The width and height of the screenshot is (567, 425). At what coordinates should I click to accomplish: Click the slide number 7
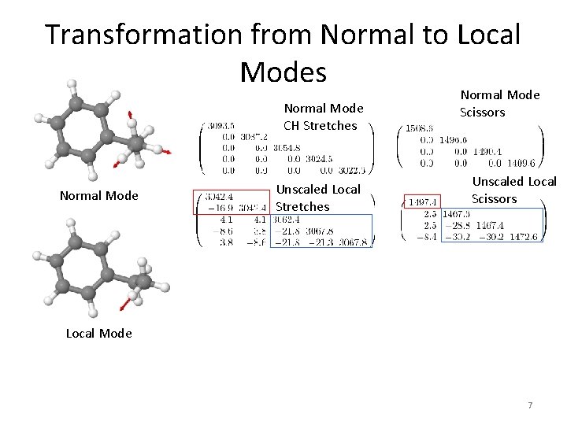click(530, 405)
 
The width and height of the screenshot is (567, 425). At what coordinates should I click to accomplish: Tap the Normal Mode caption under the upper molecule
click(98, 195)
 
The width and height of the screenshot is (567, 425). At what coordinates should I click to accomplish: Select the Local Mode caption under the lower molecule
click(98, 333)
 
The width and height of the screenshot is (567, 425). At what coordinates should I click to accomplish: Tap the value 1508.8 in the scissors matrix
click(421, 128)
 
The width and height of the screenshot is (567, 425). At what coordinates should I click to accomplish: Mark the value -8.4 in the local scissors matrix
click(428, 236)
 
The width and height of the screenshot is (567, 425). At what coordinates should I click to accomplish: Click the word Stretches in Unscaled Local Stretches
click(302, 207)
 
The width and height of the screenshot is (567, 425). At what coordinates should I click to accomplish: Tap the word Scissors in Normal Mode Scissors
click(482, 113)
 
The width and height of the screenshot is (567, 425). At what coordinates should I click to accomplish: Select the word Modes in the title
click(283, 72)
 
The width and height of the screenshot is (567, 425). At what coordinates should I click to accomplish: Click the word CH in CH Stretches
click(292, 125)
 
